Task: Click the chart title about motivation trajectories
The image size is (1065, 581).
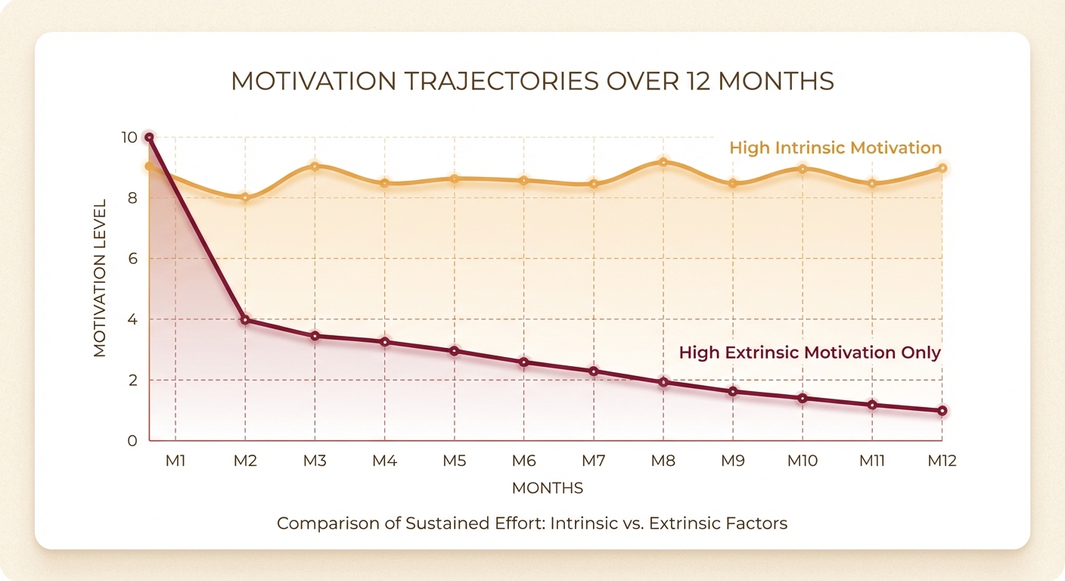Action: coord(532,81)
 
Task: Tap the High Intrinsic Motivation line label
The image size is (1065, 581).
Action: coord(835,148)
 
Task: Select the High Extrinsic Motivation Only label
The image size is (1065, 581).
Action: coord(809,353)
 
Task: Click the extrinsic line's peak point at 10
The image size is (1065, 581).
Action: coord(149,138)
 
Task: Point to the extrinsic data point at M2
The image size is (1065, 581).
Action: coord(245,320)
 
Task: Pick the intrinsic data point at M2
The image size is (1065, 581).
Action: coord(245,197)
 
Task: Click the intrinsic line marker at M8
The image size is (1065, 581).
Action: coord(663,162)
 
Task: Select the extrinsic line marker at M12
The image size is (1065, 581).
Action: coord(942,411)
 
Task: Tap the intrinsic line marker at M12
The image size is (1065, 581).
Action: coord(942,168)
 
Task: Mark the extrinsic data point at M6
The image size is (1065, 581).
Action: coord(523,362)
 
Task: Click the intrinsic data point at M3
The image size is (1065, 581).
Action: coord(315,166)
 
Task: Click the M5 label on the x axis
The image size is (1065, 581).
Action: coord(454,461)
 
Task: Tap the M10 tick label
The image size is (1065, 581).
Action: coord(803,461)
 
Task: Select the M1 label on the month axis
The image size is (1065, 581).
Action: coord(175,461)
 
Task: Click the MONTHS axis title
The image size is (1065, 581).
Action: coord(547,489)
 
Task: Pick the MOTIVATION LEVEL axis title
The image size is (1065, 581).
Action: coord(100,277)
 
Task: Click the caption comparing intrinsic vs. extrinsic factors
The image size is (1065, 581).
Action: coord(532,524)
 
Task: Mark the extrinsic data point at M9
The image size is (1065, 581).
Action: coord(733,392)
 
